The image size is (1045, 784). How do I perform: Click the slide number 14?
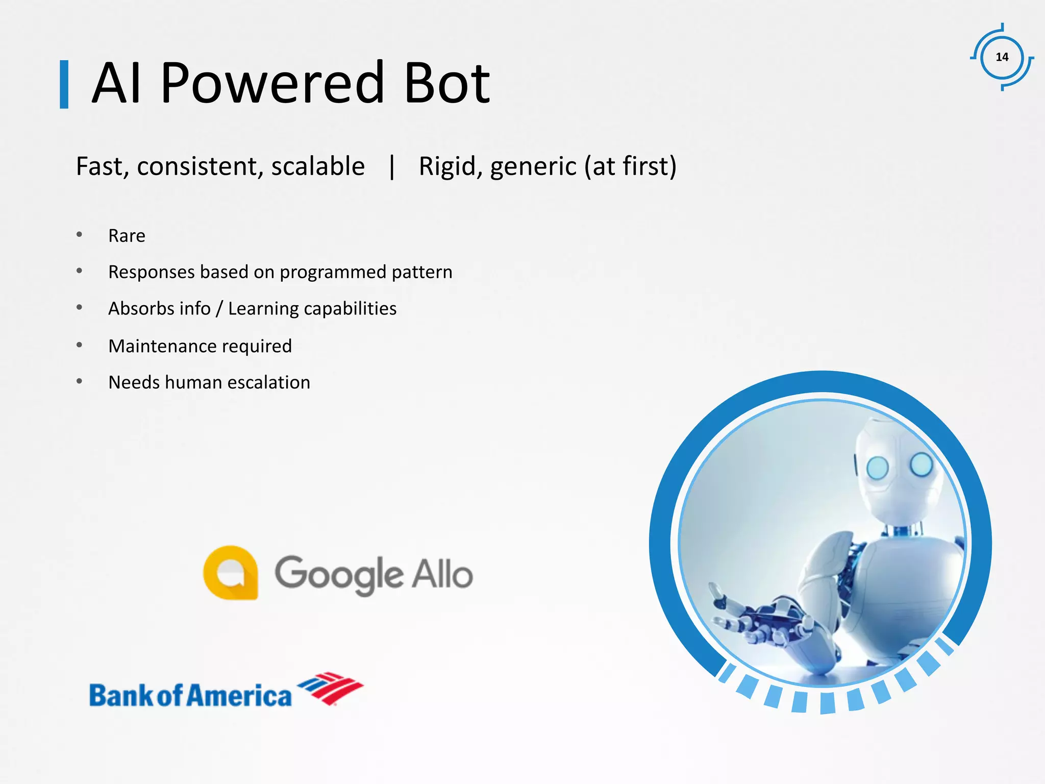[x=1002, y=57]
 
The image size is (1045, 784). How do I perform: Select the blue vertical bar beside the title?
[x=64, y=85]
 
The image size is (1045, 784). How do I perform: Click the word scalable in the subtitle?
[x=317, y=167]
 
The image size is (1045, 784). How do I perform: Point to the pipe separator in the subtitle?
[x=392, y=167]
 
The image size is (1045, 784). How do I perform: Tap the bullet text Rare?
[x=127, y=236]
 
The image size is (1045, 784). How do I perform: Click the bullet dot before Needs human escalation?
[x=79, y=381]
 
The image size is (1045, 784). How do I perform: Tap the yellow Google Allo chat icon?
[x=231, y=572]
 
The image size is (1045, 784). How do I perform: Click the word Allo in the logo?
[x=442, y=574]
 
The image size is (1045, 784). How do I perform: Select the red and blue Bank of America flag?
[x=331, y=688]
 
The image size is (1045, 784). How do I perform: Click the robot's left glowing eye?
[x=878, y=468]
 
